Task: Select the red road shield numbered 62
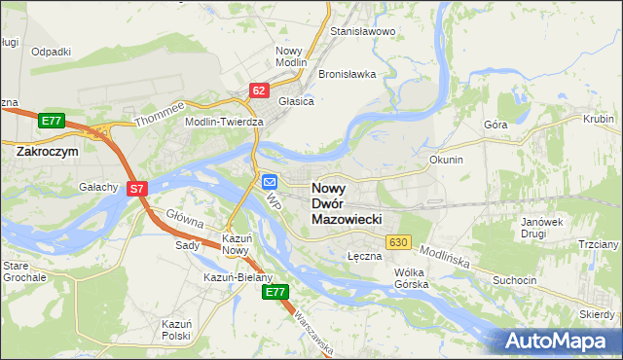point(258,90)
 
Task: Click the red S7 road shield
point(137,190)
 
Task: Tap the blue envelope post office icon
point(270,181)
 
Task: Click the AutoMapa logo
point(560,341)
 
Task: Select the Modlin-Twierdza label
point(225,122)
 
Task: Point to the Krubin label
point(598,119)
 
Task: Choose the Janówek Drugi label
point(542,227)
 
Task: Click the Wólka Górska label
point(412,279)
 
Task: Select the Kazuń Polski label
point(176,328)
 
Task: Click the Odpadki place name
point(52,52)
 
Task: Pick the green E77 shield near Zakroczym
point(52,121)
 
